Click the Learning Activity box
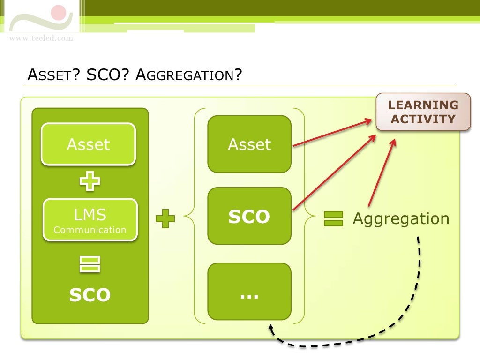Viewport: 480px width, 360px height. click(423, 112)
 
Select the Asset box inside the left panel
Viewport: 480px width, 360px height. click(88, 144)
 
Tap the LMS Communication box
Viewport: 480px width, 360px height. click(90, 220)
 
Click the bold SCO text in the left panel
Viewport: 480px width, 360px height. click(90, 295)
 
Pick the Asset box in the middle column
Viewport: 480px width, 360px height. click(249, 144)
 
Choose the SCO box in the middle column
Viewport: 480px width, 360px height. click(249, 216)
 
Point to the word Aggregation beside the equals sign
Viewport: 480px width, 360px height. click(401, 219)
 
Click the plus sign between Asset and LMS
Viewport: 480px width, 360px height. click(89, 181)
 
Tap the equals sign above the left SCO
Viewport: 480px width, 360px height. click(89, 264)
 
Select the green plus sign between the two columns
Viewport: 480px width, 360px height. click(165, 219)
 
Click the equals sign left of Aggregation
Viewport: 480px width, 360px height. click(333, 219)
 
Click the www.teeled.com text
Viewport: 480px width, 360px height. click(41, 38)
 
